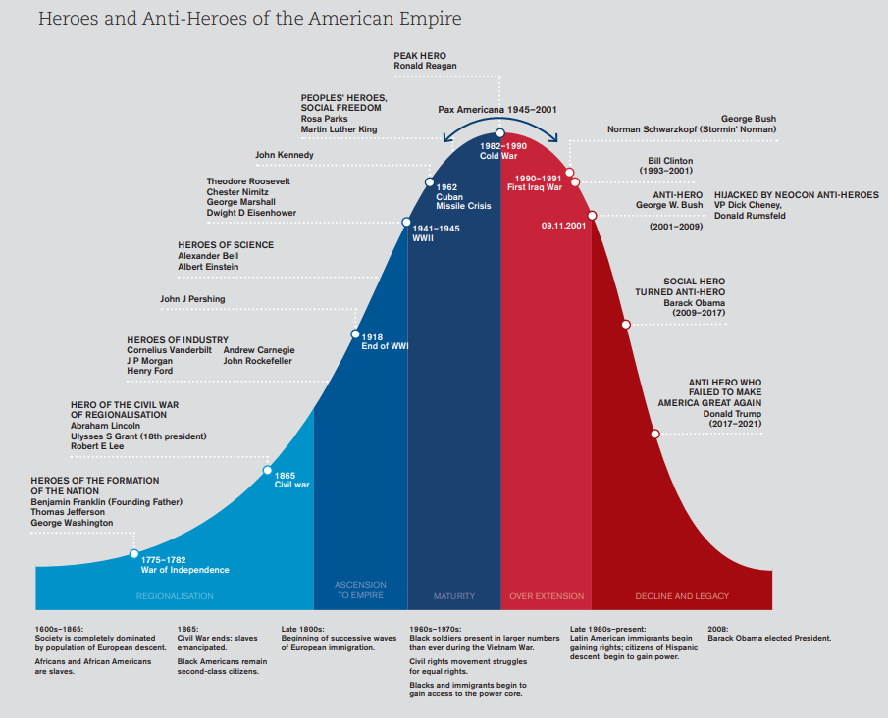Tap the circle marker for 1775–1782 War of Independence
pyautogui.click(x=134, y=554)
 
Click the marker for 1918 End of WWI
pyautogui.click(x=355, y=334)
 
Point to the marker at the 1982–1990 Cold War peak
pyautogui.click(x=500, y=133)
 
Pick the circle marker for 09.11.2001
pyautogui.click(x=592, y=215)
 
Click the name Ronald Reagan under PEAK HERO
pyautogui.click(x=425, y=66)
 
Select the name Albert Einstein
pyautogui.click(x=208, y=267)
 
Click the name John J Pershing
pyautogui.click(x=192, y=299)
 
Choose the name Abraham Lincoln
pyautogui.click(x=105, y=426)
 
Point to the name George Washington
pyautogui.click(x=72, y=523)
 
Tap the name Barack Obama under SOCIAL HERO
pyautogui.click(x=694, y=303)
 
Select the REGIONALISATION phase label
pyautogui.click(x=174, y=596)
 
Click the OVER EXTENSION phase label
pyautogui.click(x=547, y=596)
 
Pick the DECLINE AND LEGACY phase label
pyautogui.click(x=676, y=596)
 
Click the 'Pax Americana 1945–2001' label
pyautogui.click(x=496, y=110)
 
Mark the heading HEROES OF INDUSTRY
pyautogui.click(x=178, y=339)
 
